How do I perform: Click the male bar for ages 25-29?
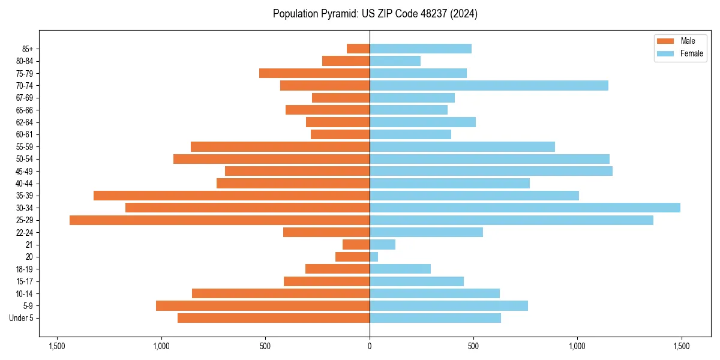[220, 220]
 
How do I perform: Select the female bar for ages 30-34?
[525, 208]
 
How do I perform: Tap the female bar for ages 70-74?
[489, 86]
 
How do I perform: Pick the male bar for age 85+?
[358, 49]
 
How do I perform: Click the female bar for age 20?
[374, 257]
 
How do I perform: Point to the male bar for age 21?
[356, 245]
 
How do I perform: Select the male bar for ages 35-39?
[232, 196]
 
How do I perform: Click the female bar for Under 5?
[435, 318]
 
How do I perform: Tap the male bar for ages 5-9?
[263, 306]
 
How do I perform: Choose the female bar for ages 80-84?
[395, 61]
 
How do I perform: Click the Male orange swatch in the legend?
[666, 41]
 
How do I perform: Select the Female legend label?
[692, 53]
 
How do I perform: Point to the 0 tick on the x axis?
[370, 346]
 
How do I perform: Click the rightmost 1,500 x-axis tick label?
[681, 346]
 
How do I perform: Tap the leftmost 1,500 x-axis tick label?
[57, 346]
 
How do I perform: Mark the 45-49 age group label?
[25, 171]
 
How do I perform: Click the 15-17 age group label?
[25, 281]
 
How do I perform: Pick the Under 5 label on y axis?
[22, 318]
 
